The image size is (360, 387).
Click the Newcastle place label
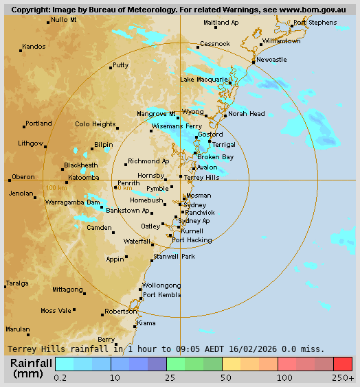pyautogui.click(x=271, y=60)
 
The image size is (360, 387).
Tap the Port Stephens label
pyautogui.click(x=315, y=23)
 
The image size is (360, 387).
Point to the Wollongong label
pyautogui.click(x=161, y=285)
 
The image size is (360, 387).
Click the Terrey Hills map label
pyautogui.click(x=202, y=177)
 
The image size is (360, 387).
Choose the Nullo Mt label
pyautogui.click(x=64, y=20)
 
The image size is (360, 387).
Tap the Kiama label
pyautogui.click(x=146, y=322)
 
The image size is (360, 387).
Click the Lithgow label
pyautogui.click(x=31, y=143)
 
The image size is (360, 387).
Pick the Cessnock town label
pyautogui.click(x=214, y=44)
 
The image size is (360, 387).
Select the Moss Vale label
pyautogui.click(x=56, y=311)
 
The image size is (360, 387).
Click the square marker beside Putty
pyautogui.click(x=111, y=68)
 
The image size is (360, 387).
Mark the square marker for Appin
pyautogui.click(x=126, y=259)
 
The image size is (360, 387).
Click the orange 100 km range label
pyautogui.click(x=56, y=187)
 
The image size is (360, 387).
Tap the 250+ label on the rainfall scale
pyautogui.click(x=344, y=377)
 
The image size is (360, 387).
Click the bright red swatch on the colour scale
pyautogui.click(x=343, y=364)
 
